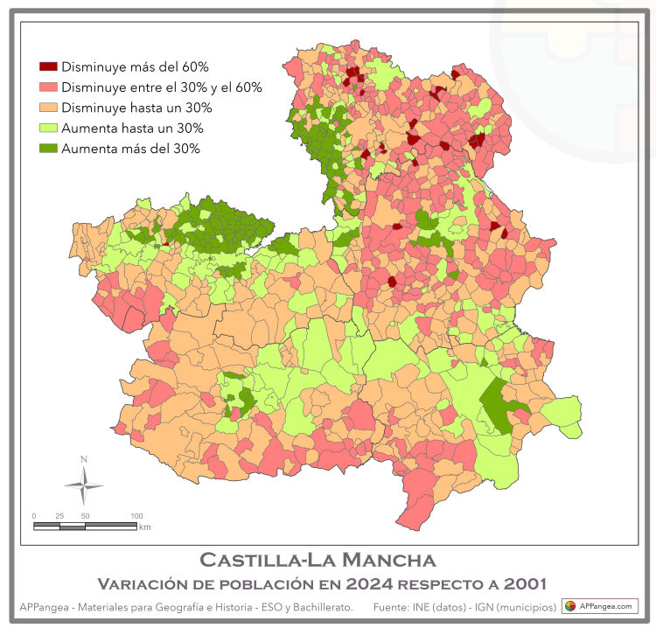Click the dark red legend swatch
(48, 66)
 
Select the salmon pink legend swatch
(48, 87)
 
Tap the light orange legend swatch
(48, 108)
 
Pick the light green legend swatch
(48, 129)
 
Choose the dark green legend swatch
(48, 149)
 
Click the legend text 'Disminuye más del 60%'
(135, 66)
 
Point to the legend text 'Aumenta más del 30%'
(131, 149)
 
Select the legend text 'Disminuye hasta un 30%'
(137, 108)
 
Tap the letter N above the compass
(84, 459)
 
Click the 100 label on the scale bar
(136, 516)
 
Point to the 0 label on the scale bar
(34, 516)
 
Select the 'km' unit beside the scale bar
(145, 527)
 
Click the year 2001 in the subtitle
(522, 583)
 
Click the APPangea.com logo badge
(599, 606)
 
